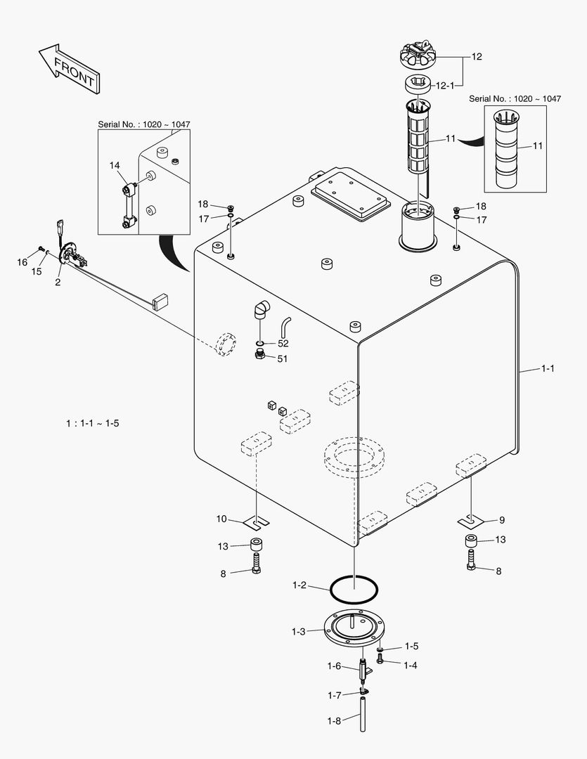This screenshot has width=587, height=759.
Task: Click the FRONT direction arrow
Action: click(x=69, y=67)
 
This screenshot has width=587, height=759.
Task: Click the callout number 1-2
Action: click(x=299, y=585)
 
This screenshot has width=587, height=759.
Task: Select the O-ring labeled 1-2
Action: click(x=354, y=588)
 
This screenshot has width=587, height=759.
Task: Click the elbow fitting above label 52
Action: click(x=260, y=309)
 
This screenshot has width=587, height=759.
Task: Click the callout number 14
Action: click(x=115, y=165)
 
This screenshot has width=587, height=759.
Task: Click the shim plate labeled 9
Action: click(x=470, y=521)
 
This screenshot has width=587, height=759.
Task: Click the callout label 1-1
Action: click(x=548, y=368)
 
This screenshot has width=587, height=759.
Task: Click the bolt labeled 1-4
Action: click(x=380, y=660)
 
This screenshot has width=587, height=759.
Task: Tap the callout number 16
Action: click(x=22, y=262)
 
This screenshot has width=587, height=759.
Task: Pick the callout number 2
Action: click(x=58, y=282)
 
